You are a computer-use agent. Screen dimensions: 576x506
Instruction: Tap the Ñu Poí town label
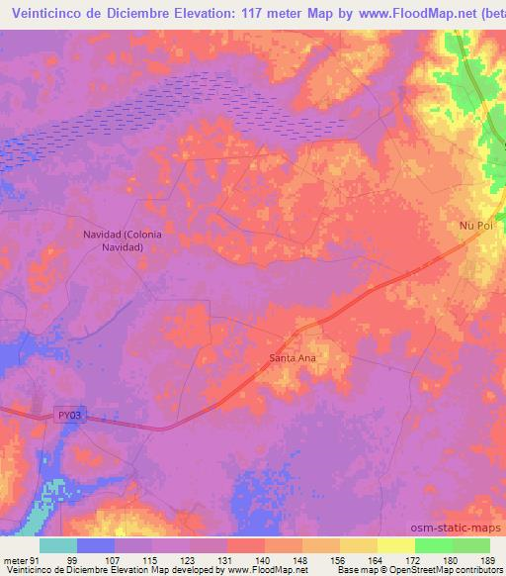475,226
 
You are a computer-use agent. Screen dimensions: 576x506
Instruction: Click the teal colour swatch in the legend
59,545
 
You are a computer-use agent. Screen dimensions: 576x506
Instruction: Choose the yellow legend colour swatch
396,545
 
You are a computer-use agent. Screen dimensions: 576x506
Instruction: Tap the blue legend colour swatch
97,545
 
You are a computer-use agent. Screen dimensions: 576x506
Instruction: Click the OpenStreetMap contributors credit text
444,571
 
